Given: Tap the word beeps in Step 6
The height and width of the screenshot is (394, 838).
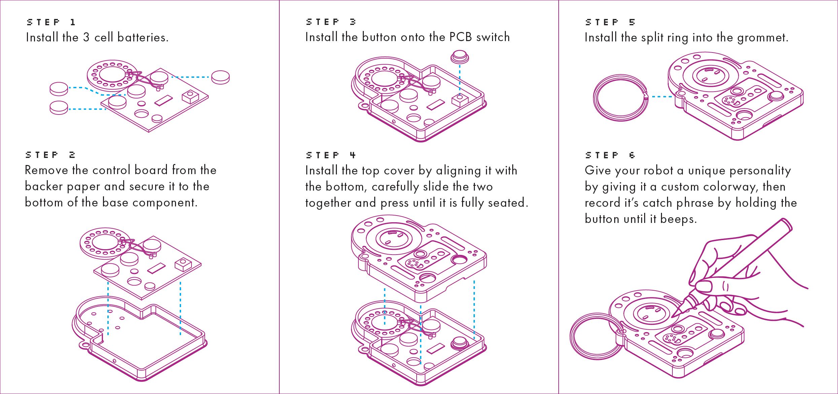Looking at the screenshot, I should (678, 219).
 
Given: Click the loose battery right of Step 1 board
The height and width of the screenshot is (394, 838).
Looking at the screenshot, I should (220, 77).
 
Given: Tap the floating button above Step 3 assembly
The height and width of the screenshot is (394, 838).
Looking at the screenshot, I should (460, 57).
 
